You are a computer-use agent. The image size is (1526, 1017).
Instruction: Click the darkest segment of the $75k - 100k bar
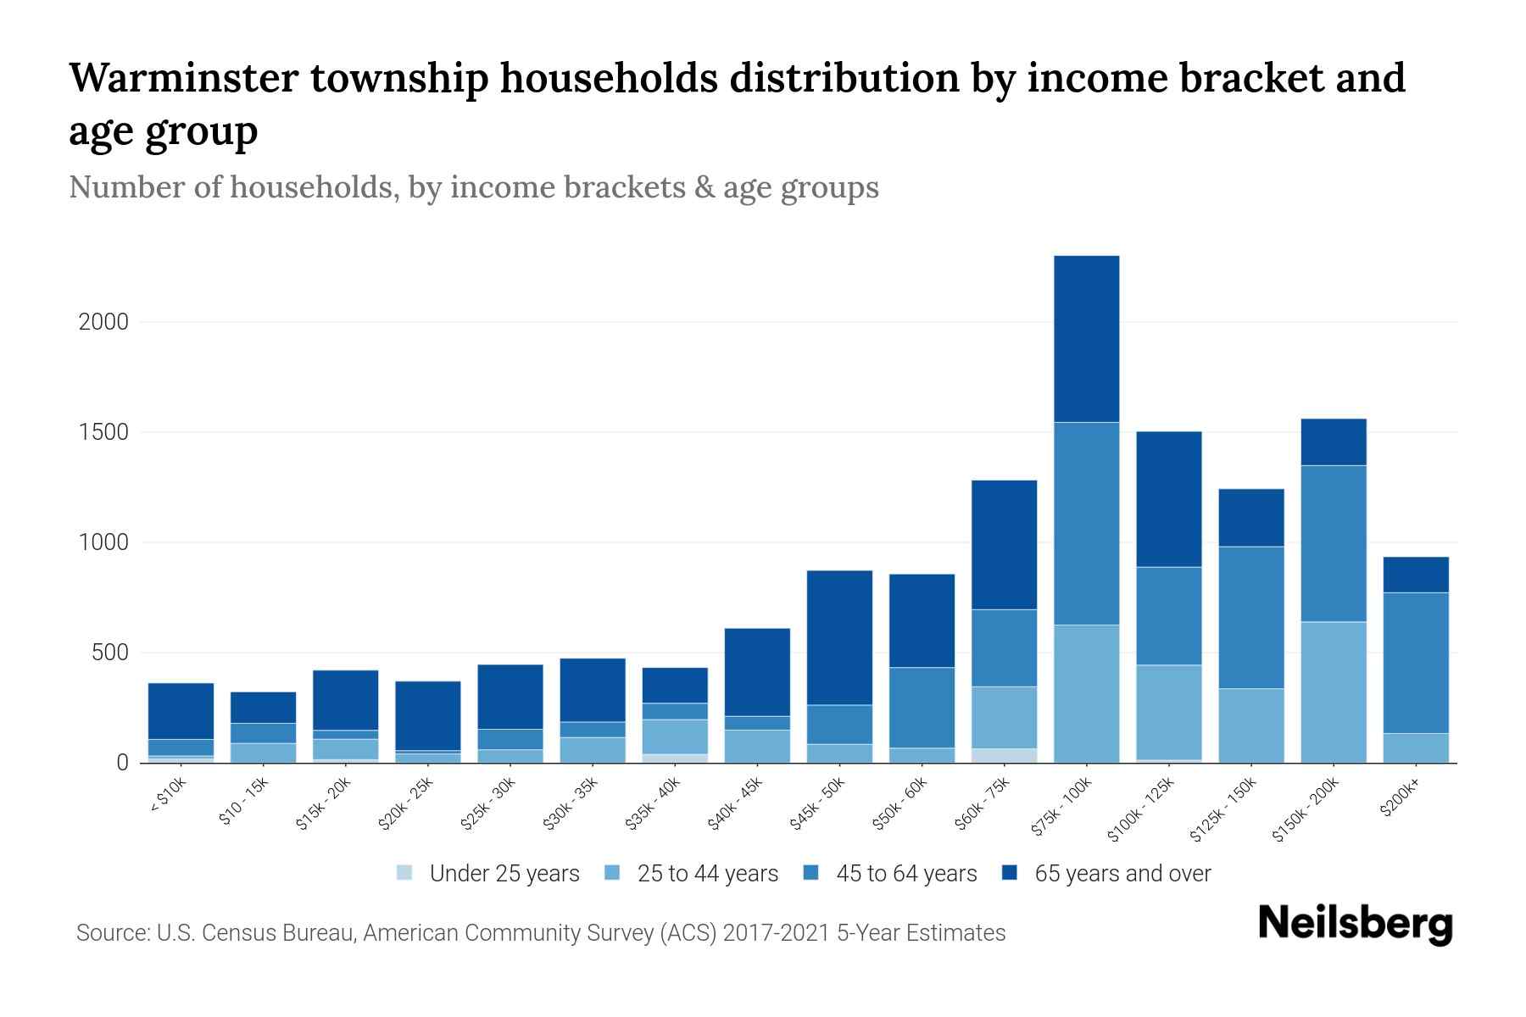tap(1086, 338)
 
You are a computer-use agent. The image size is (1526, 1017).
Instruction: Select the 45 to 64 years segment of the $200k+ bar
tap(1416, 663)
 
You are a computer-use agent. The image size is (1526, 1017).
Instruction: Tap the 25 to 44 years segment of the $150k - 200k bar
tap(1334, 692)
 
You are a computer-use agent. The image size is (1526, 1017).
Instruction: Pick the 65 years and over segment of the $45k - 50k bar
tap(839, 637)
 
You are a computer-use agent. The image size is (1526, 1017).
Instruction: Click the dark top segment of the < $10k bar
tap(181, 710)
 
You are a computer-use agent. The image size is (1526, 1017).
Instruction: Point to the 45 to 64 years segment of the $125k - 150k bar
tap(1251, 617)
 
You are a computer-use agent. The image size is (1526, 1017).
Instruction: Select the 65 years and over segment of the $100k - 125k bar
tap(1168, 498)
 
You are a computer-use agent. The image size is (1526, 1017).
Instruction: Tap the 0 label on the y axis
tap(122, 763)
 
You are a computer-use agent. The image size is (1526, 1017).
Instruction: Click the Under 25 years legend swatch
tap(405, 873)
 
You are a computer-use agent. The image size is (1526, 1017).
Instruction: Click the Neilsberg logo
tap(1355, 924)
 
